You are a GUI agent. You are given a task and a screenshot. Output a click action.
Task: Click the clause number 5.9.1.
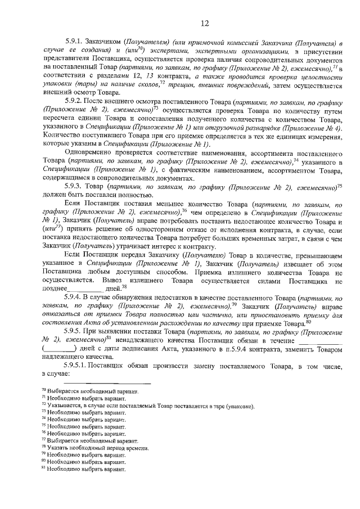pyautogui.click(x=75, y=42)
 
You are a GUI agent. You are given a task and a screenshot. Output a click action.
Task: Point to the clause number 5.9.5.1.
pyautogui.click(x=78, y=367)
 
